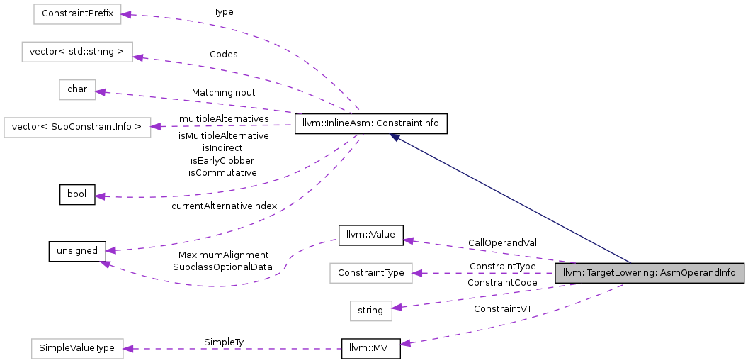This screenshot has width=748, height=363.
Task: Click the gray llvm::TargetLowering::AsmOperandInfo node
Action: tap(649, 273)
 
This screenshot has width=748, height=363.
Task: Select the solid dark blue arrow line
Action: tap(510, 199)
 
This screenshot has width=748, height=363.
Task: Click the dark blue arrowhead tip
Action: tap(391, 135)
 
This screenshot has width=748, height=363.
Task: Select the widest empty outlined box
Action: tap(77, 128)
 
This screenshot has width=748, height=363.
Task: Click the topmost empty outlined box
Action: tap(77, 14)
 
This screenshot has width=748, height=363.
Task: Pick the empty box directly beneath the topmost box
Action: tap(76, 52)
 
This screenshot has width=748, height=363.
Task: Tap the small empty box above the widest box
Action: tap(77, 90)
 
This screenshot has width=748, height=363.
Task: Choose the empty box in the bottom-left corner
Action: tap(77, 349)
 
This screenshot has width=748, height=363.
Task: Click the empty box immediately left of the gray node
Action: tap(370, 273)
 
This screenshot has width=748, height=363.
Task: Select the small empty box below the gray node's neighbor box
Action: tap(370, 311)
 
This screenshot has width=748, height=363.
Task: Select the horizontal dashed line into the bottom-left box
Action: tap(234, 348)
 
